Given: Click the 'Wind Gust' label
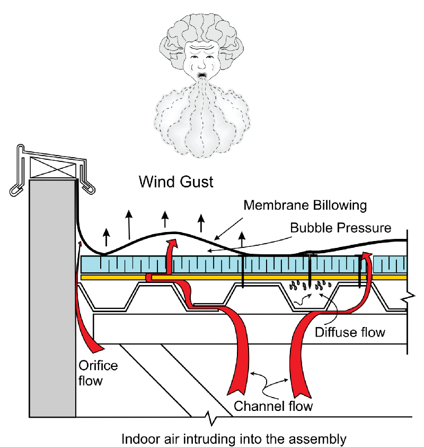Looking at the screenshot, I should tap(176, 183).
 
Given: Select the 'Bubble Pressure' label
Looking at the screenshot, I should tap(341, 228).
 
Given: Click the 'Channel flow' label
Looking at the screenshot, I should tap(273, 407).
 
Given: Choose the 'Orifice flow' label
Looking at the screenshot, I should tap(98, 373).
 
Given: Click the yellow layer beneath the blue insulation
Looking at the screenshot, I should tap(244, 277).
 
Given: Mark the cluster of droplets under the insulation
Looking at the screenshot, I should tap(310, 287).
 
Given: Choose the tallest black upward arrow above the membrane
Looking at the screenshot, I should tap(129, 223).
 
